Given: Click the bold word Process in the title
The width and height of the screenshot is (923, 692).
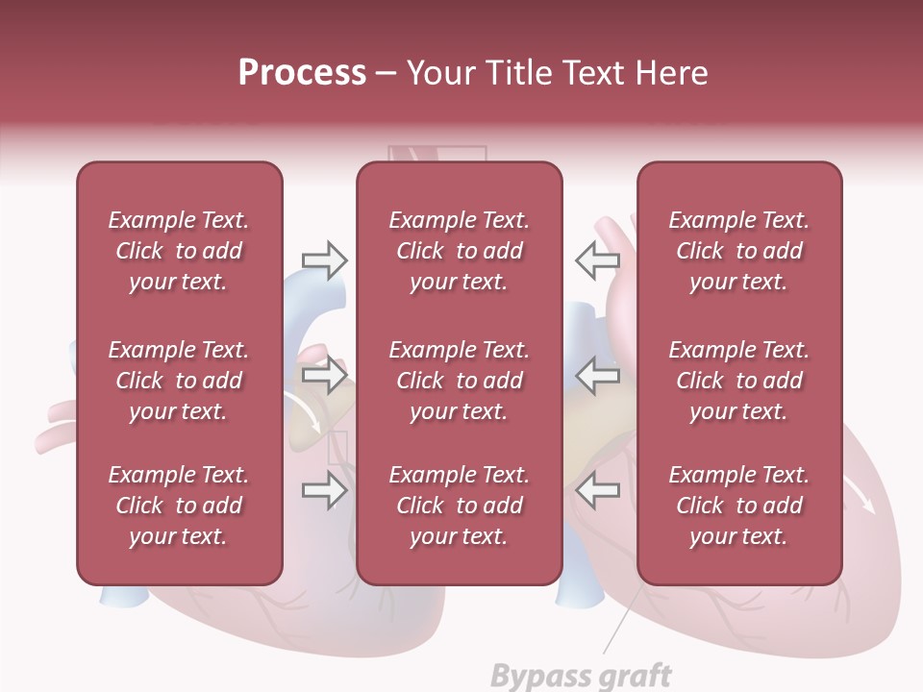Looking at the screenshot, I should click(x=302, y=73).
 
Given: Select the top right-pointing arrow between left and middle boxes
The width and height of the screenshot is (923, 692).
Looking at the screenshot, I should click(x=324, y=260).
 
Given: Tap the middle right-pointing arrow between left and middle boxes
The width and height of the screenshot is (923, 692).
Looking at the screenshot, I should click(x=324, y=375).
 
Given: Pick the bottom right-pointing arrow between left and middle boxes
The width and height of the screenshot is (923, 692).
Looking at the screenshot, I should click(x=324, y=491).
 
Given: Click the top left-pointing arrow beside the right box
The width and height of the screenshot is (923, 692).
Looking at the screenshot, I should click(x=598, y=260).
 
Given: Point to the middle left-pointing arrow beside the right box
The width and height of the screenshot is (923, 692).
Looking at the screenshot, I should click(x=598, y=375).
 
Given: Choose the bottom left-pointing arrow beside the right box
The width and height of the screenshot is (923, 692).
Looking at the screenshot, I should click(x=598, y=491).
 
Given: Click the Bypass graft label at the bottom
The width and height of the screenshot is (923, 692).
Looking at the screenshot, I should click(x=581, y=675).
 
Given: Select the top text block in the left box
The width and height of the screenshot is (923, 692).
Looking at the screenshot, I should click(x=179, y=251).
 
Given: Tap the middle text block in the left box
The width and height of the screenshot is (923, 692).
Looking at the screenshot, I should click(x=179, y=381).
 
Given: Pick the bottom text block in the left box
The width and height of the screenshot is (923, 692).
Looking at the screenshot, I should click(x=179, y=506).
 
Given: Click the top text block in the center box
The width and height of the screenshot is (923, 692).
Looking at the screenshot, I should click(x=459, y=251).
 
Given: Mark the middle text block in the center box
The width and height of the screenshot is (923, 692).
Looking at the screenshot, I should click(x=459, y=381).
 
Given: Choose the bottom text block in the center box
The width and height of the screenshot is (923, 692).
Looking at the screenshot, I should click(x=459, y=506).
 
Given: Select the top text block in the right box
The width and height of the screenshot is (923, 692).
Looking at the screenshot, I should click(x=738, y=251).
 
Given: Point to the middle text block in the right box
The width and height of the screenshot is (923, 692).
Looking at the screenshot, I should click(x=738, y=381).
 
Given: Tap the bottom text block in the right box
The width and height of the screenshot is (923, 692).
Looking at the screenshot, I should click(x=738, y=506).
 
